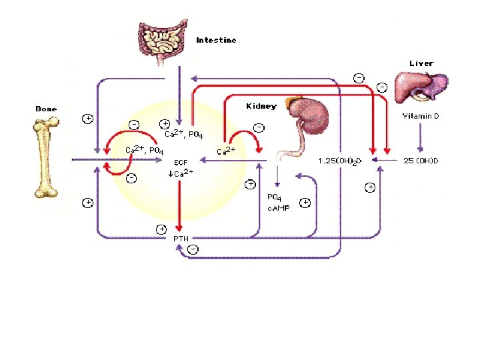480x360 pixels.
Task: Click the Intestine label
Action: tap(216, 40)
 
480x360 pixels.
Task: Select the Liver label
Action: tap(421, 63)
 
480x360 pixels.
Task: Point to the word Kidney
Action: tap(261, 106)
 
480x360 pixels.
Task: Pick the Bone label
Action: tap(46, 109)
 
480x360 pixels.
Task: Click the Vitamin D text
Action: tap(420, 117)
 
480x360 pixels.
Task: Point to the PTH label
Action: tap(181, 238)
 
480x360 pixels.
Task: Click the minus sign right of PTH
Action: tap(192, 249)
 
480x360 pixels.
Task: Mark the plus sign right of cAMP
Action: tap(304, 203)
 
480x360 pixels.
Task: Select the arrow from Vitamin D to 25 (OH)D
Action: tap(419, 139)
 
